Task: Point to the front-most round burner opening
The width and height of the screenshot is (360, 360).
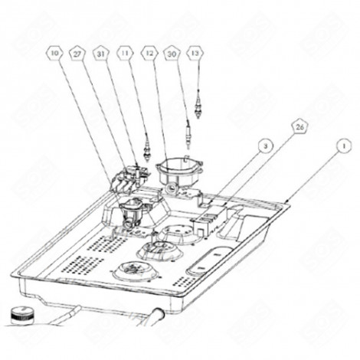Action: pyautogui.click(x=133, y=272)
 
